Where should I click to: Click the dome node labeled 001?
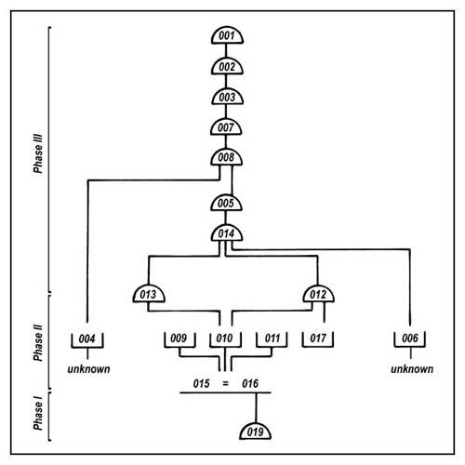[227, 35]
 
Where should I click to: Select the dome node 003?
[227, 97]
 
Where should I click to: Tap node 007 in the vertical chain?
[226, 127]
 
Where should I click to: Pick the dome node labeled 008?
[226, 157]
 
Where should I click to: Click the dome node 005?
[226, 203]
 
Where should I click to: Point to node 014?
[227, 233]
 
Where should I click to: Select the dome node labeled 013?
[149, 294]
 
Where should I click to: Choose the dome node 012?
[318, 294]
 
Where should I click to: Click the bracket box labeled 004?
[87, 339]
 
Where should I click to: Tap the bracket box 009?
[179, 339]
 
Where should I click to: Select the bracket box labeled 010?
[225, 339]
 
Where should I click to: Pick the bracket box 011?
[272, 339]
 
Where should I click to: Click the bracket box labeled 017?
[318, 339]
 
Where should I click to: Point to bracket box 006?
[410, 339]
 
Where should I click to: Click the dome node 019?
[256, 432]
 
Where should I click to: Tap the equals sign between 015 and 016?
[225, 384]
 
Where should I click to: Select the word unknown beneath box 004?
[88, 369]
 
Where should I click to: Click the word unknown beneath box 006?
[412, 369]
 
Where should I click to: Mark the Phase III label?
[38, 153]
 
